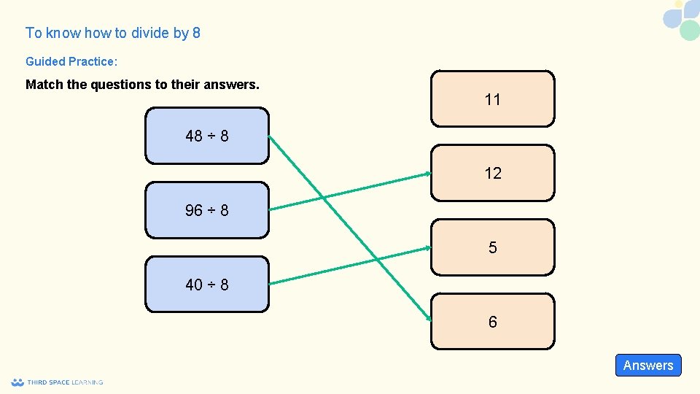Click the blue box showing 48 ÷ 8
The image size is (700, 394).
pyautogui.click(x=207, y=136)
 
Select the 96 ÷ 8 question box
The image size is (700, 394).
pyautogui.click(x=207, y=210)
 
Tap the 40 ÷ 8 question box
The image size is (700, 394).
pyautogui.click(x=207, y=285)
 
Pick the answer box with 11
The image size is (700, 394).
pyautogui.click(x=492, y=99)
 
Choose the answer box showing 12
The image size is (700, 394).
pyautogui.click(x=492, y=173)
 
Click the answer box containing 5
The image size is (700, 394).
pyautogui.click(x=492, y=247)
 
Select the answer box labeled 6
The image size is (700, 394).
pyautogui.click(x=492, y=322)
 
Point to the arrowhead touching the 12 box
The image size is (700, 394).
pyautogui.click(x=427, y=174)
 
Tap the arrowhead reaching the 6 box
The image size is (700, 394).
pyautogui.click(x=427, y=320)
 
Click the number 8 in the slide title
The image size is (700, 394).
pyautogui.click(x=196, y=33)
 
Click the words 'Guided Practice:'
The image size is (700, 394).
pyautogui.click(x=71, y=62)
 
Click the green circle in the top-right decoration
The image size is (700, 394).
pyautogui.click(x=689, y=31)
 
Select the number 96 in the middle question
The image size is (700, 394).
pyautogui.click(x=194, y=210)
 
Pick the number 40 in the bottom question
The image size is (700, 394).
pyautogui.click(x=194, y=285)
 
